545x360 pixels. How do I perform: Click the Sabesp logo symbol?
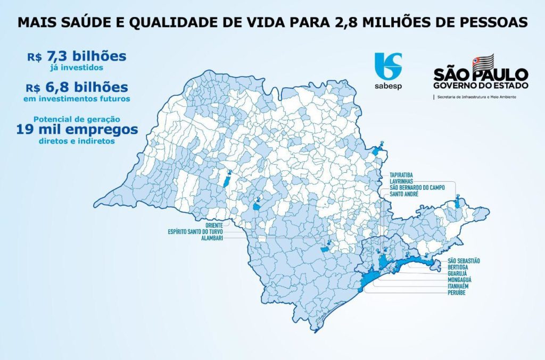[388, 66]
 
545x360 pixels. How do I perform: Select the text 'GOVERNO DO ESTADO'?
[481, 85]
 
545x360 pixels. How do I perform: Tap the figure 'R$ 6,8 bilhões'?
[78, 87]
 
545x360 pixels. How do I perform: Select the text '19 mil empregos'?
[77, 129]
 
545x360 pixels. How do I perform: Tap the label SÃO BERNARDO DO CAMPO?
[417, 188]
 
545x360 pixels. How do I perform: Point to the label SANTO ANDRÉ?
[404, 195]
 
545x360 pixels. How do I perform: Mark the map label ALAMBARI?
[211, 239]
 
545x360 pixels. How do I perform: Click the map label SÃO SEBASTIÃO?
[464, 260]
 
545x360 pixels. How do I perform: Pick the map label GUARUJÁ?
[458, 273]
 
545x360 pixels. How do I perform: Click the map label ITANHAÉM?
[460, 286]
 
